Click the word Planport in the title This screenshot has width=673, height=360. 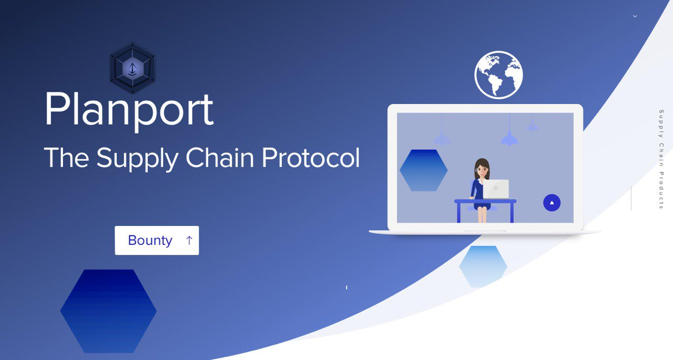129,110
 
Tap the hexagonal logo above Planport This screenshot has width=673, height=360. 132,68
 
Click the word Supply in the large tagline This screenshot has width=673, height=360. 137,159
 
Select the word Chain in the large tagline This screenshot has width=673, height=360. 220,157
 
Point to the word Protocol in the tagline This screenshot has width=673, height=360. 311,157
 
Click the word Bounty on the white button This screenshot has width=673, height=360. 150,241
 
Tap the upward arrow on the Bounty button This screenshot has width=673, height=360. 189,240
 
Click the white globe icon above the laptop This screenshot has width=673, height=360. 499,75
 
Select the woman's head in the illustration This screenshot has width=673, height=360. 482,169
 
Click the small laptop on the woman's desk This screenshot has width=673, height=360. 496,189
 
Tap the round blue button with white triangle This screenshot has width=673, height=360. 552,203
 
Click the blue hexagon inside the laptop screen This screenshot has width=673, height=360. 424,170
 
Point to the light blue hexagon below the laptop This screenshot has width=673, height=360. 483,266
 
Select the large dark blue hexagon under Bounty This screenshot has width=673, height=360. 108,311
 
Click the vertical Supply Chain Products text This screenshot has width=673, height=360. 661,159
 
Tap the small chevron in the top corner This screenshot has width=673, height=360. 635,16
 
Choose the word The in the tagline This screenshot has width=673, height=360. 67,157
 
